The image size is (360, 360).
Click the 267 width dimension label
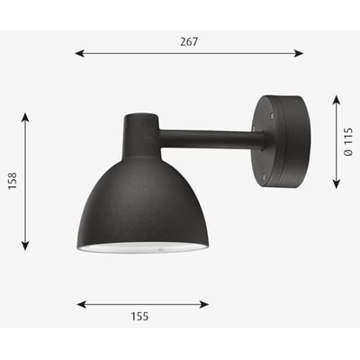coord(188,41)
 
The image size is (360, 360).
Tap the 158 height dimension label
coord(10,181)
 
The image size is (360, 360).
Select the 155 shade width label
coord(139,316)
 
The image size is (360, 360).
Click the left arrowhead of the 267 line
coord(79,53)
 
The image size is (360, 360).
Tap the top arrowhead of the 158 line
coord(25,118)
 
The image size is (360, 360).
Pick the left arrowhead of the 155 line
coord(81,304)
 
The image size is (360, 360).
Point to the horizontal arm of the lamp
coord(211,139)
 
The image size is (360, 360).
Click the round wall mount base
coord(283,141)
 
